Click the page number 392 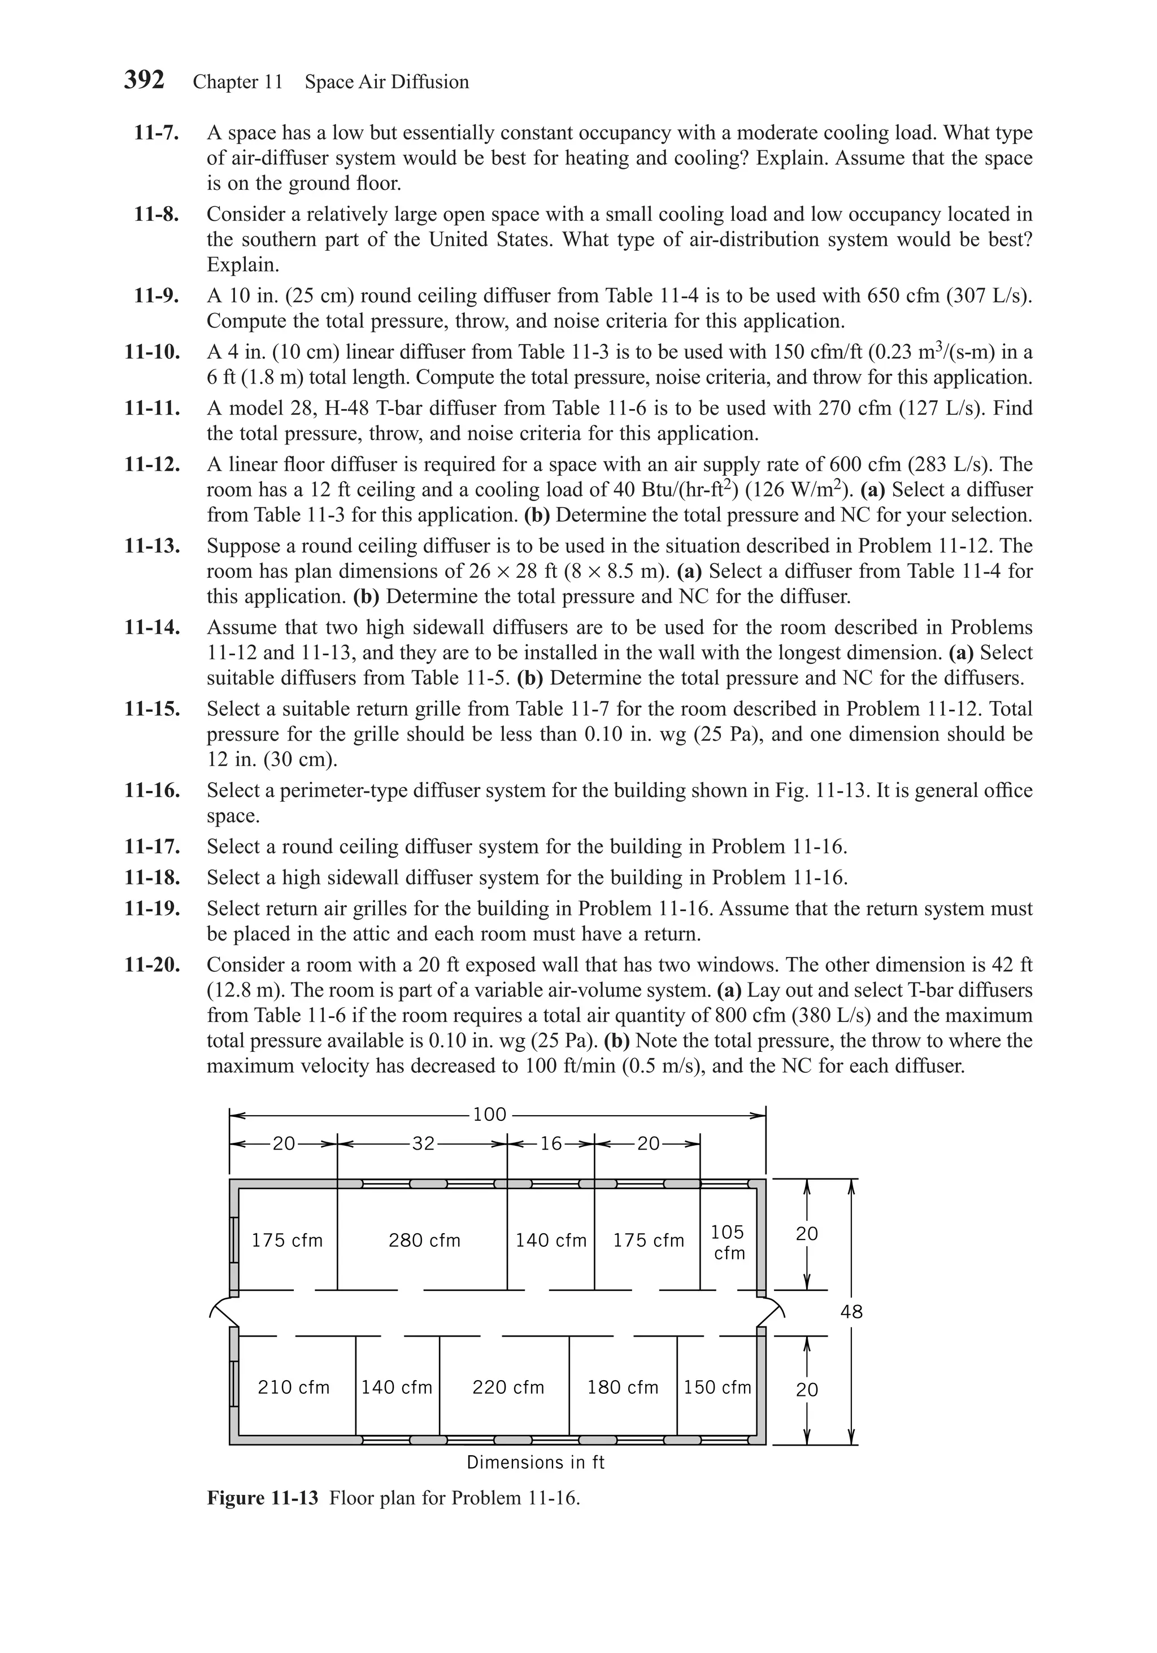pyautogui.click(x=144, y=80)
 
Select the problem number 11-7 pyautogui.click(x=156, y=133)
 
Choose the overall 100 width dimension pyautogui.click(x=490, y=1115)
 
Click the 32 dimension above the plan pyautogui.click(x=423, y=1143)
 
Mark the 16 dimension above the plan pyautogui.click(x=551, y=1143)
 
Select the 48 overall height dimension pyautogui.click(x=851, y=1312)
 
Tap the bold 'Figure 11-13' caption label pyautogui.click(x=262, y=1498)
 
